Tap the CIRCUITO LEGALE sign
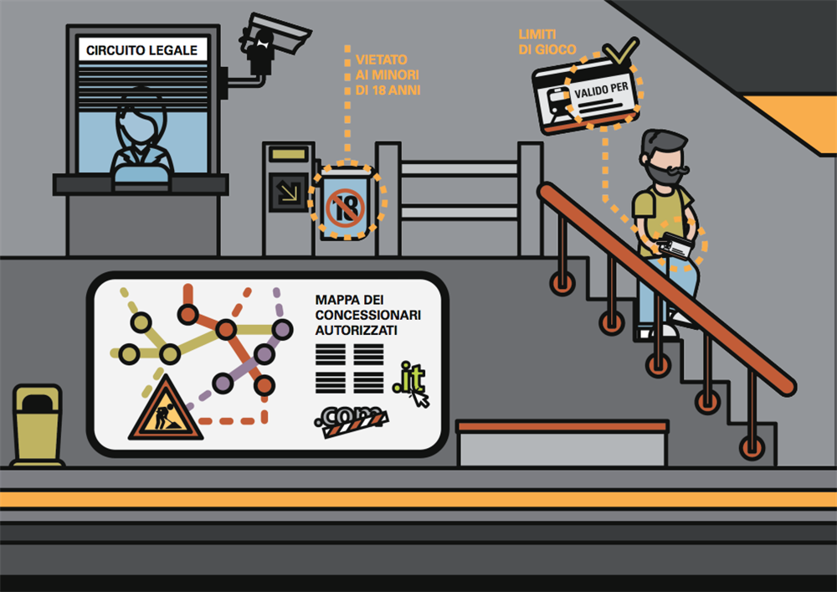coord(142,50)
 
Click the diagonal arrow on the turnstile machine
coord(288,192)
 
